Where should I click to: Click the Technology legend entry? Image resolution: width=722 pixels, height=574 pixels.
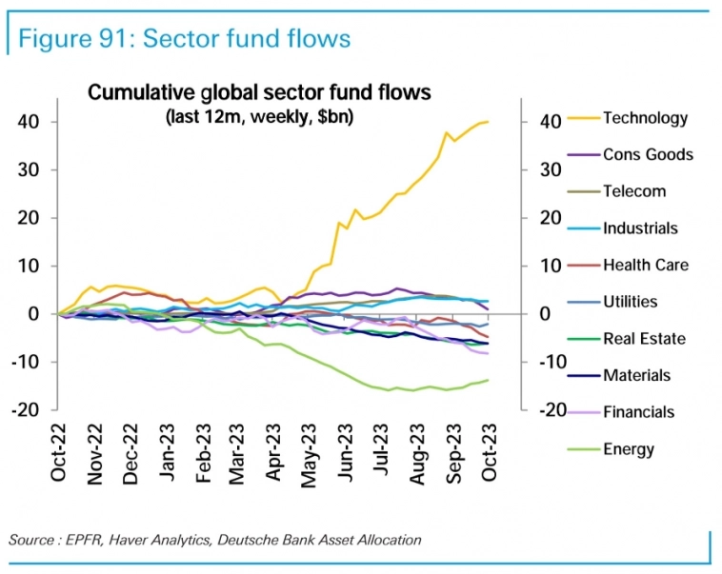pyautogui.click(x=645, y=118)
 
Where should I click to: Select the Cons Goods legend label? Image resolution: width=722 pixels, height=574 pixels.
pyautogui.click(x=648, y=154)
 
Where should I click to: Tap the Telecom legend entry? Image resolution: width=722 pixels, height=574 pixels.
pyautogui.click(x=634, y=191)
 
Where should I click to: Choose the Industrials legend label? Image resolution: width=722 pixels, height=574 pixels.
pyautogui.click(x=640, y=228)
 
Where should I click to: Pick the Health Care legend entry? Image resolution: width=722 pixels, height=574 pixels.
pyautogui.click(x=645, y=265)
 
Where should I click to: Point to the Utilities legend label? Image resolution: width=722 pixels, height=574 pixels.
pyautogui.click(x=630, y=302)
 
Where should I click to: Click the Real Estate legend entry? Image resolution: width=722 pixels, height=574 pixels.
pyautogui.click(x=643, y=338)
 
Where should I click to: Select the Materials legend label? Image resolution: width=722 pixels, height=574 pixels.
pyautogui.click(x=636, y=375)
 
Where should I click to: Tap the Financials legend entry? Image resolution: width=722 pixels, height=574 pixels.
pyautogui.click(x=638, y=412)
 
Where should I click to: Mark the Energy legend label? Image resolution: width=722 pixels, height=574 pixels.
pyautogui.click(x=629, y=448)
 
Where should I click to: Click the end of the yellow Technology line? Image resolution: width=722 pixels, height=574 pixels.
pyautogui.click(x=488, y=122)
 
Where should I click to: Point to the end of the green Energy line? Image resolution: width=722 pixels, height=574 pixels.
pyautogui.click(x=489, y=380)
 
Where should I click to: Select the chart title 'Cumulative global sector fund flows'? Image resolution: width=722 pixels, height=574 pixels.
pyautogui.click(x=260, y=92)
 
